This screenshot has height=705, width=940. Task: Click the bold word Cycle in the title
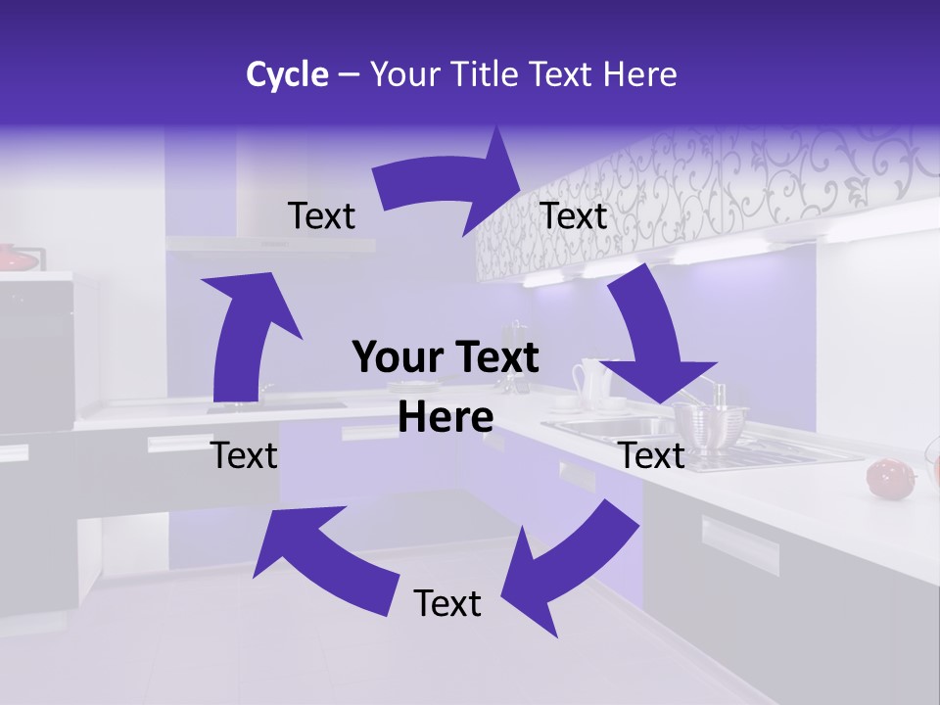pyautogui.click(x=287, y=74)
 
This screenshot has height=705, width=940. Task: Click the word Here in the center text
pyautogui.click(x=446, y=417)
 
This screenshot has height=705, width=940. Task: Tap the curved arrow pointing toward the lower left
pyautogui.click(x=568, y=568)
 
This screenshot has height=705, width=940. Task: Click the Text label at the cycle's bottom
pyautogui.click(x=447, y=603)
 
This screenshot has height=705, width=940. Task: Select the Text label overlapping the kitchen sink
pyautogui.click(x=652, y=455)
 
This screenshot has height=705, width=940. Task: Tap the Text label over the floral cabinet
pyautogui.click(x=574, y=216)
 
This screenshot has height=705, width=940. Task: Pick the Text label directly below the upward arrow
pyautogui.click(x=245, y=455)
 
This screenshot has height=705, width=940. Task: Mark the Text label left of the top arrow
pyautogui.click(x=321, y=216)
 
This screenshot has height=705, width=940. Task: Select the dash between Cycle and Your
pyautogui.click(x=348, y=75)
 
